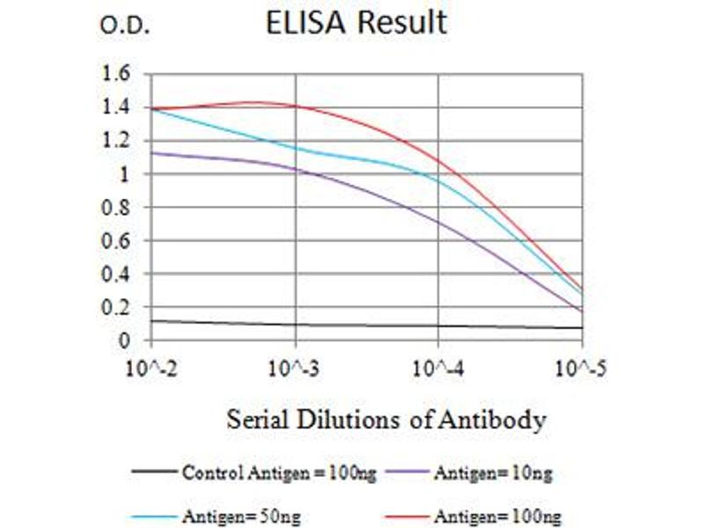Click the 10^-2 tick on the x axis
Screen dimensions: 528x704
151,364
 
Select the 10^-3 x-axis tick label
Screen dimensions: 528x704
295,364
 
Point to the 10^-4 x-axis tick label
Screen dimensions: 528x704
438,364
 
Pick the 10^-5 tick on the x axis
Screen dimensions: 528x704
581,364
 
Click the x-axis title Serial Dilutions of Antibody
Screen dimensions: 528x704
386,420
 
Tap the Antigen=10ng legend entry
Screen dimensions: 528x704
493,473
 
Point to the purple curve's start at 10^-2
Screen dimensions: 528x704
153,152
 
